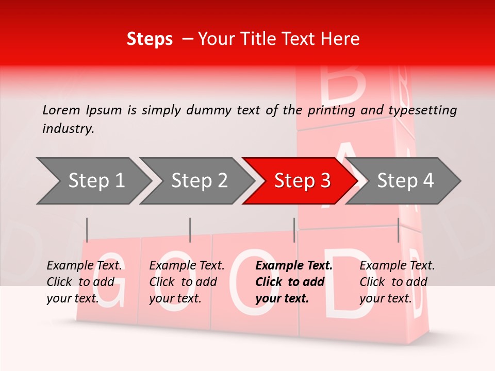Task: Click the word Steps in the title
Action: point(150,39)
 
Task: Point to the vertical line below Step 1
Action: point(87,230)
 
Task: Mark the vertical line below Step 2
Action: point(190,230)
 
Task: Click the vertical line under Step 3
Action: point(294,230)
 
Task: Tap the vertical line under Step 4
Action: point(399,230)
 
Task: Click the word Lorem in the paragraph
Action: point(61,110)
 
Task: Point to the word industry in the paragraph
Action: point(68,129)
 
